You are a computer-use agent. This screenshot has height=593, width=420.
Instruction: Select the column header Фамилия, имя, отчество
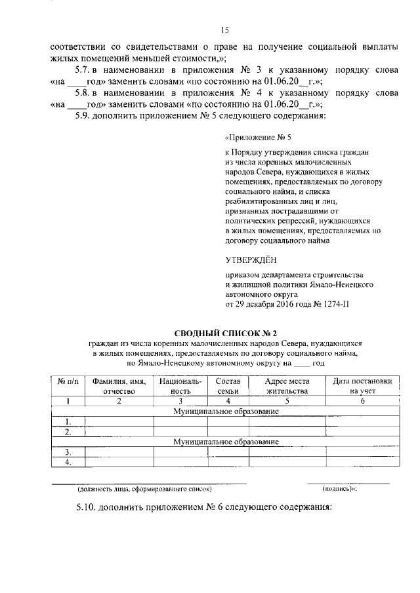pos(119,386)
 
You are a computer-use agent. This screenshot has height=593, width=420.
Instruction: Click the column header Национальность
pos(171,386)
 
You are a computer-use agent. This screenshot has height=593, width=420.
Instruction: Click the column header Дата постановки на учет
pos(362,386)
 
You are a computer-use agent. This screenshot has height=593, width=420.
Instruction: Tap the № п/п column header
pos(68,381)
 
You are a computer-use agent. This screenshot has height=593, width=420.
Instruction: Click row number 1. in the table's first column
pos(68,421)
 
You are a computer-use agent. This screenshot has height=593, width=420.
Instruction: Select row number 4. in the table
pos(68,463)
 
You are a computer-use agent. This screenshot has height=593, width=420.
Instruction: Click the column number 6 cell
pos(362,400)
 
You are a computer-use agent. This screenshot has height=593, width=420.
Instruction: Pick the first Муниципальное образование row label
pos(226,411)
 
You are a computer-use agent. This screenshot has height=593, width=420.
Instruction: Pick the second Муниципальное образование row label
pos(226,442)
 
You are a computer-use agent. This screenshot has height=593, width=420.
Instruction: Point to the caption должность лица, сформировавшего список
pos(144,489)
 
